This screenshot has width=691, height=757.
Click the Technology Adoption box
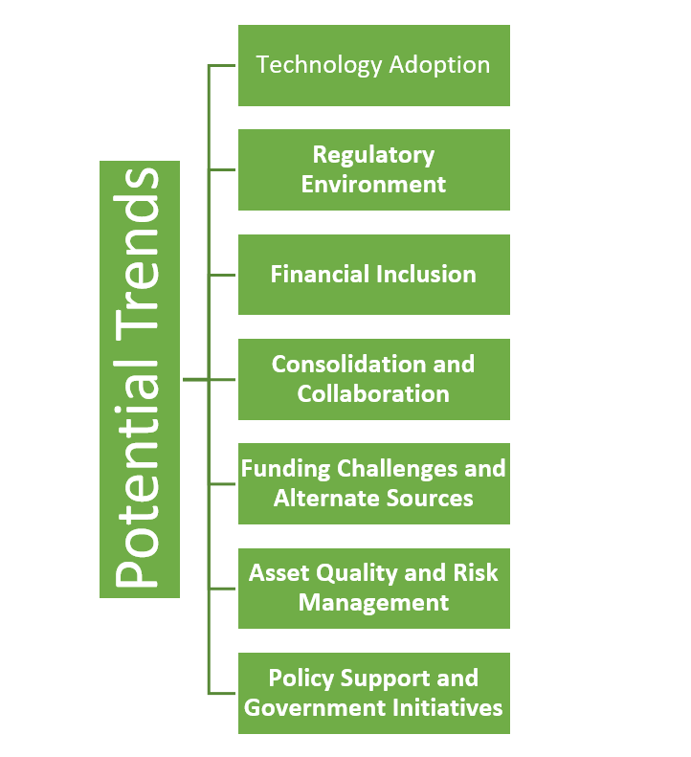point(374,65)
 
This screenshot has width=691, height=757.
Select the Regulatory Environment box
point(374,169)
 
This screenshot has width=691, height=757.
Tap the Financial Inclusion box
point(374,275)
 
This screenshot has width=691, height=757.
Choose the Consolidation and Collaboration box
point(374,379)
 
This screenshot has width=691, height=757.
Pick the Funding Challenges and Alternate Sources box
point(374,483)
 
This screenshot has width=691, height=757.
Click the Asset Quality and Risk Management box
point(374,588)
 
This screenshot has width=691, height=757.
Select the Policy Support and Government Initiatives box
point(374,693)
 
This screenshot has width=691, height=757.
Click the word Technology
point(319,66)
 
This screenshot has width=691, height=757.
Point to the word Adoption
point(439,65)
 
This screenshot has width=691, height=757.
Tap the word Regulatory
point(374,155)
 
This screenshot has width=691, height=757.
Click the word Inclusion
point(426,275)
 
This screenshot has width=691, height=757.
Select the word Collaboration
point(373,394)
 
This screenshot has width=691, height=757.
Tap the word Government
point(315,708)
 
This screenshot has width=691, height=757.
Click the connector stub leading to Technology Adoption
point(222,65)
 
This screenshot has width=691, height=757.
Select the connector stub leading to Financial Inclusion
point(222,275)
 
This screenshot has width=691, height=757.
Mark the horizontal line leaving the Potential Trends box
point(195,380)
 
